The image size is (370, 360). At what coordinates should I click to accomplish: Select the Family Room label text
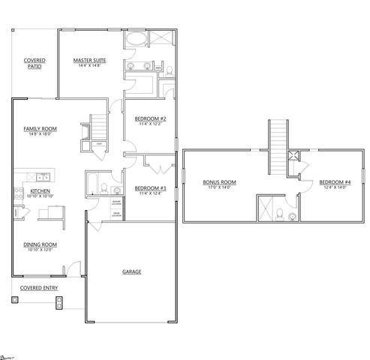(39, 128)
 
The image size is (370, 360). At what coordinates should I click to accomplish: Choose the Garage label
(131, 271)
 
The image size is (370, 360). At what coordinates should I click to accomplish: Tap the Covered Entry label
(39, 286)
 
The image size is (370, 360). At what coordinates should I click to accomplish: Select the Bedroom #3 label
(149, 188)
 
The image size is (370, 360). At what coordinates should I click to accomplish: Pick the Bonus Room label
(219, 181)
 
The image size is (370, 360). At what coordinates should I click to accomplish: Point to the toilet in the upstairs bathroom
(291, 215)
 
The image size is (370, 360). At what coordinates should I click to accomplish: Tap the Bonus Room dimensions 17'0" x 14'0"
(219, 187)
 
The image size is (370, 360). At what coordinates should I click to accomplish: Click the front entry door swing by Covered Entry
(73, 268)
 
